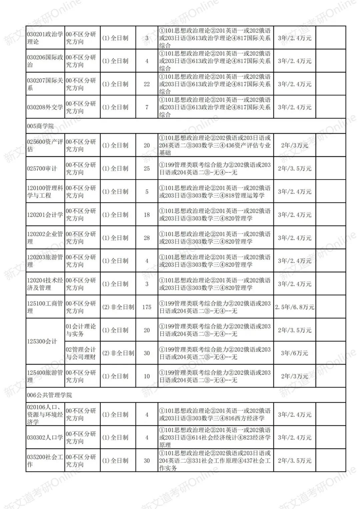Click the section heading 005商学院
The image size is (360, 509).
pos(40,126)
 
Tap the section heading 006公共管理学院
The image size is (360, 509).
pos(50,395)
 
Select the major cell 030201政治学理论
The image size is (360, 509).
pos(45,38)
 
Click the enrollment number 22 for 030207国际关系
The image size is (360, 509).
pos(147,84)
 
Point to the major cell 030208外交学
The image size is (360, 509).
pos(45,107)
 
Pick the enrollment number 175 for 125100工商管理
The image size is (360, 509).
pos(147,307)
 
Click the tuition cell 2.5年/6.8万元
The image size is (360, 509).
pos(295,307)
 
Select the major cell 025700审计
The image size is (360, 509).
pos(42,168)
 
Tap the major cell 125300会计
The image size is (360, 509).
pos(42,341)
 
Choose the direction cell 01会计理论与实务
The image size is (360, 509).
pos(81,330)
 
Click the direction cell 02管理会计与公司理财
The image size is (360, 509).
pos(81,353)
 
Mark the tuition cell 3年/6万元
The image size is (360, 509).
pos(295,353)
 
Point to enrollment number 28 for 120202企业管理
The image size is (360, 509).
pos(147,238)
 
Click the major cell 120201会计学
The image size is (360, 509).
pos(45,214)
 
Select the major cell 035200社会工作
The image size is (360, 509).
pos(45,460)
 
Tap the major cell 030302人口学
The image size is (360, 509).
pos(45,437)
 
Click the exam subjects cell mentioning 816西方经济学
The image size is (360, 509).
pos(215,414)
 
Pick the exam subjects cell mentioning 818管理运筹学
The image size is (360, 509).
pos(215,191)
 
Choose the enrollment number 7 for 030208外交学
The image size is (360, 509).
pos(147,107)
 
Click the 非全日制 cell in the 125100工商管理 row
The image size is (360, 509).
pos(118,307)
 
